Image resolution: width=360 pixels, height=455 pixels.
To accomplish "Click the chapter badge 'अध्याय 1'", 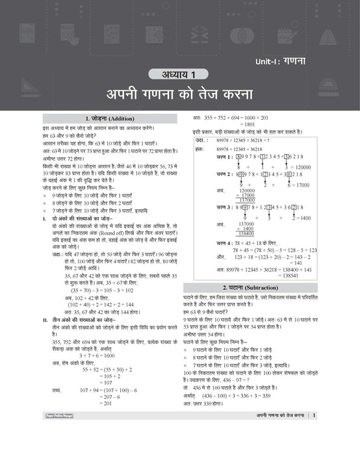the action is point(179,73).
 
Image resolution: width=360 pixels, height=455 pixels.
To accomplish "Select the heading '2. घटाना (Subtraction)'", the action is point(268,287).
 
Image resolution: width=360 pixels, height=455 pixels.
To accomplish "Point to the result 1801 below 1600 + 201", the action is point(248,123).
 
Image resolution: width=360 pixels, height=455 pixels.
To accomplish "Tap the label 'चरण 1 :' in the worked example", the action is point(225,157).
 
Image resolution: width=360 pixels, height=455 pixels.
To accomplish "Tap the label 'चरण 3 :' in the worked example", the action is point(225,207).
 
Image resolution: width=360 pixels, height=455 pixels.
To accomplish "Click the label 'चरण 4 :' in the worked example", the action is point(225,242).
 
